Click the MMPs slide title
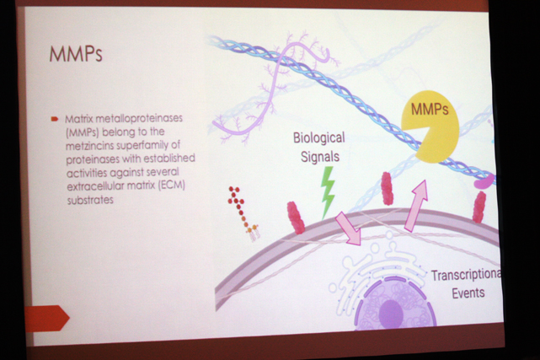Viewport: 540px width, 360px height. tap(76, 54)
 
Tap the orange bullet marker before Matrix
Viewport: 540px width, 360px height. tap(55, 119)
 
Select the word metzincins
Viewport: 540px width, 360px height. tap(89, 145)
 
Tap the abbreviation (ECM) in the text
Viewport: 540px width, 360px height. tap(172, 185)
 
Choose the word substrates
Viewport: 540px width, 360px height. tap(90, 200)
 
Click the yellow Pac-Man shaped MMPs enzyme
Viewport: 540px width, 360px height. tap(430, 126)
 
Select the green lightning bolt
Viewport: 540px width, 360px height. tap(328, 192)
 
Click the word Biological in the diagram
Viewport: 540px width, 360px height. tap(319, 137)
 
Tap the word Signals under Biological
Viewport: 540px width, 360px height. tap(320, 157)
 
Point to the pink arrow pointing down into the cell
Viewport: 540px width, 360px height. tap(349, 228)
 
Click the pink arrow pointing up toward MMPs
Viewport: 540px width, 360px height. tap(417, 206)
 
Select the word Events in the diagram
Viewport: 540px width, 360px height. tap(468, 293)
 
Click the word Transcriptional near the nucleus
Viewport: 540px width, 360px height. tap(467, 275)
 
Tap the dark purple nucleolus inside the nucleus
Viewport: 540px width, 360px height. tap(391, 314)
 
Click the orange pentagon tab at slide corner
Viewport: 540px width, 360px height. tap(47, 319)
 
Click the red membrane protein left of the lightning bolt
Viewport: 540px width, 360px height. tap(296, 218)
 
